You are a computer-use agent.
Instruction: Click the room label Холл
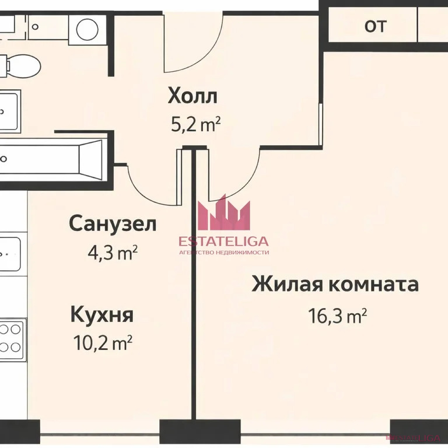[x=192, y=95]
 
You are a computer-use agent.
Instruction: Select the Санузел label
[x=113, y=223]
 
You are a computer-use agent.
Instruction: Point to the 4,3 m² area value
[x=111, y=253]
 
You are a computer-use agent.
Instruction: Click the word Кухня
[x=102, y=315]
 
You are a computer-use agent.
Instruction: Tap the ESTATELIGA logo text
[x=225, y=242]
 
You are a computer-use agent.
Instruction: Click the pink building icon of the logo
[x=225, y=213]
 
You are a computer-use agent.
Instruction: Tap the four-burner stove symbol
[x=10, y=338]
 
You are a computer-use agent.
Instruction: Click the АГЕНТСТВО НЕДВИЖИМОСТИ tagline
[x=225, y=253]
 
